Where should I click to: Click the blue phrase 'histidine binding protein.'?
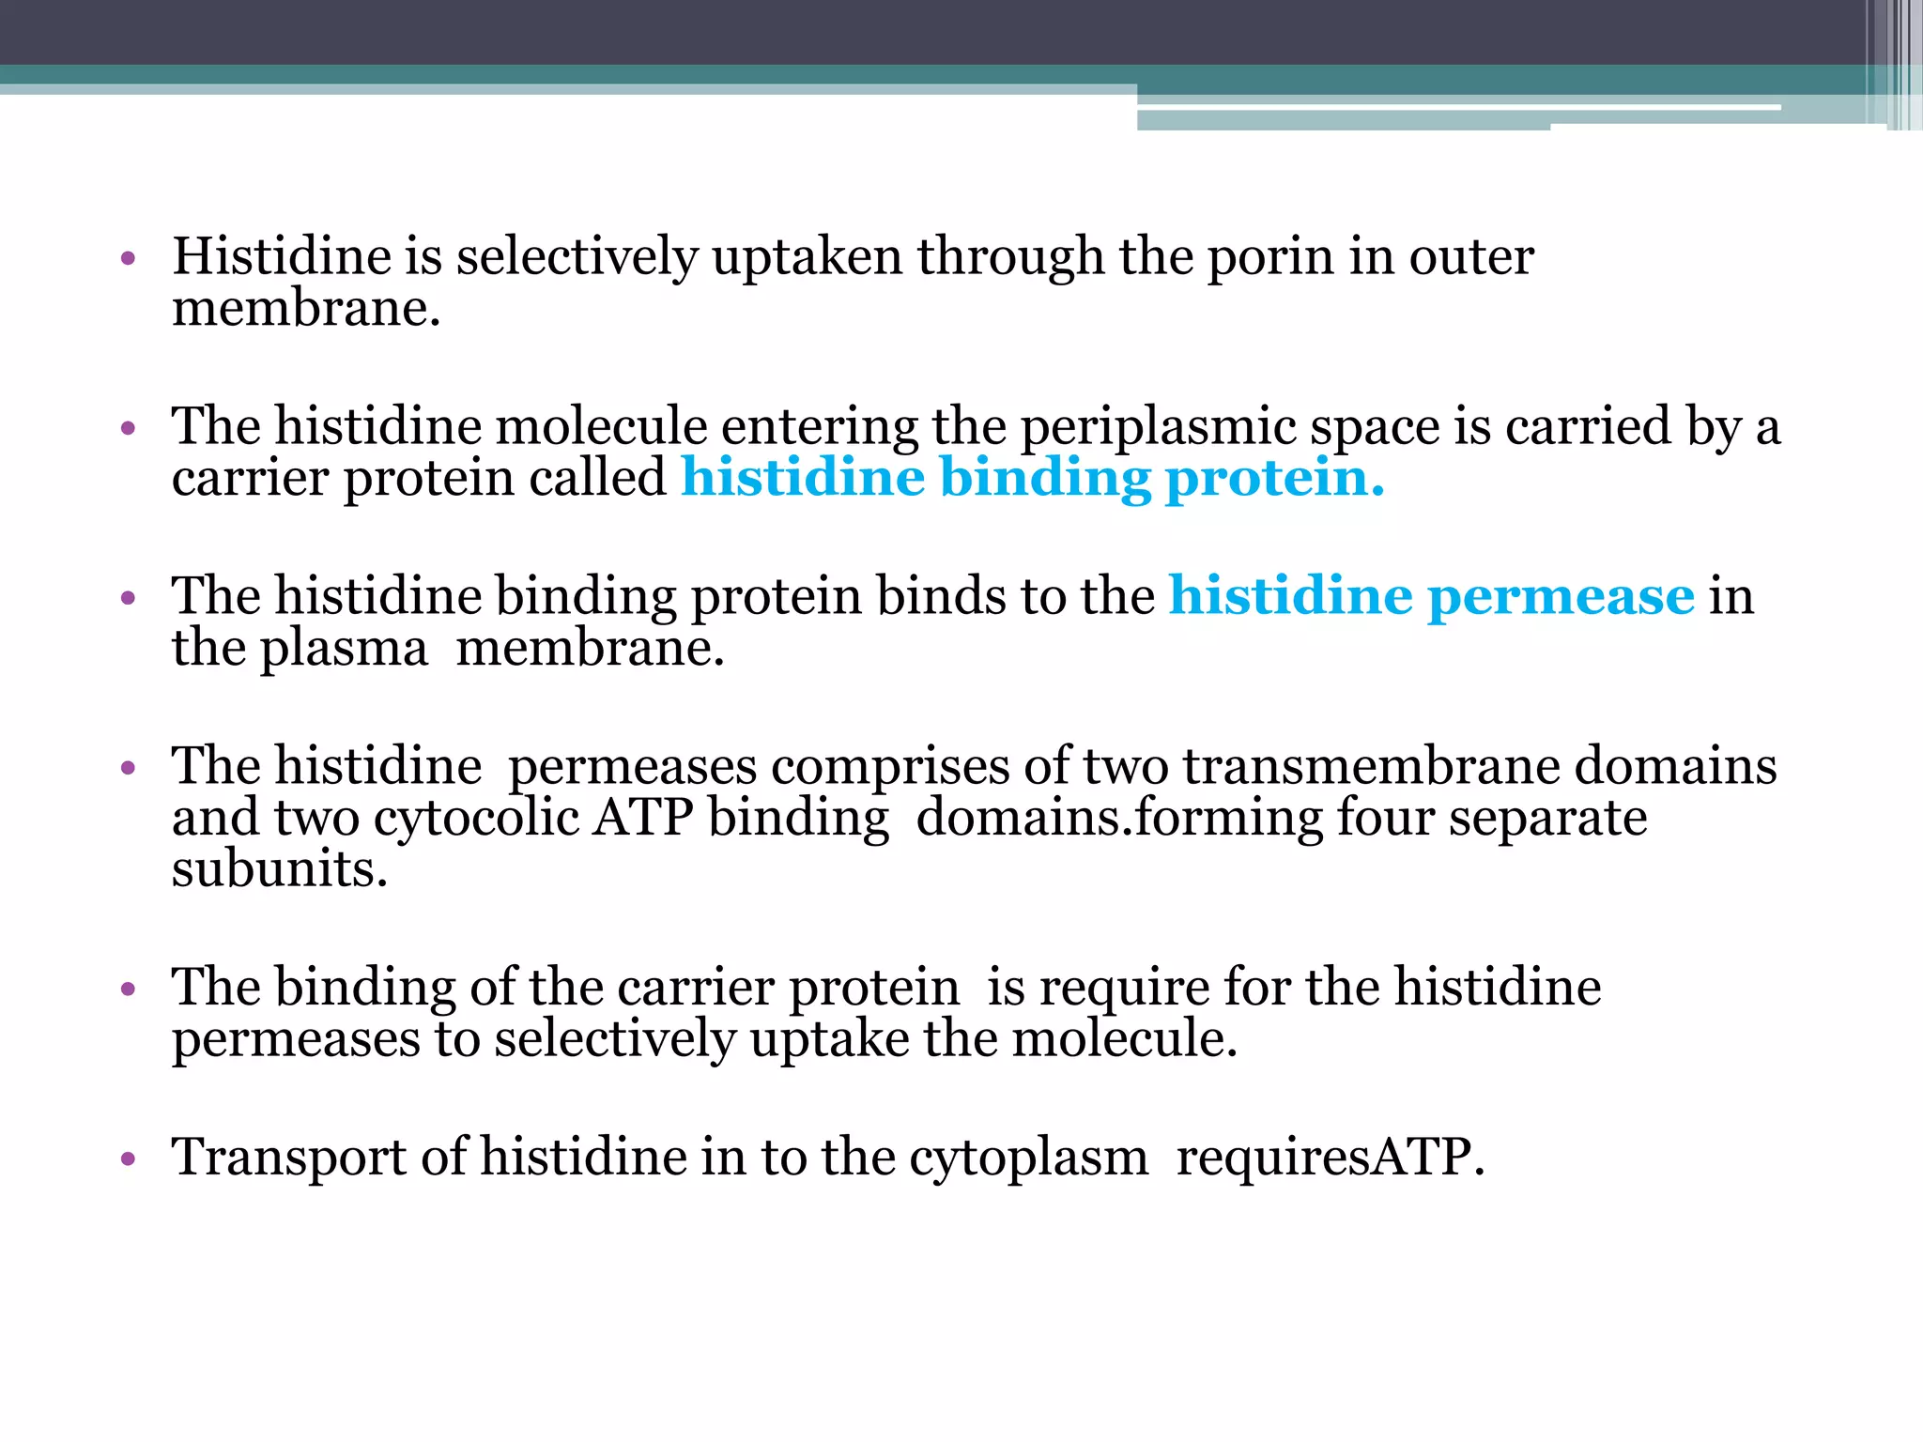click(x=1033, y=479)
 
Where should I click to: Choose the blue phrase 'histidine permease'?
click(x=1431, y=597)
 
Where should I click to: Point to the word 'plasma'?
click(x=344, y=649)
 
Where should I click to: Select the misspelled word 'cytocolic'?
click(x=476, y=818)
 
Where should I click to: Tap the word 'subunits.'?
click(x=280, y=869)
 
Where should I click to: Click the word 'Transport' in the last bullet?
click(x=288, y=1158)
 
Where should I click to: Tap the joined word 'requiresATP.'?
click(x=1331, y=1158)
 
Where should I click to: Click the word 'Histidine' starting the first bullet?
click(x=282, y=257)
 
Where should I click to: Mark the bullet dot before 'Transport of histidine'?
click(x=129, y=1159)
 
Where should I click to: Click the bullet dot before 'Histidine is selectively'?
click(x=129, y=258)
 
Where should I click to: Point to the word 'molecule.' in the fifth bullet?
click(x=1125, y=1039)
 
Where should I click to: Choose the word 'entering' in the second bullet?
click(x=819, y=428)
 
